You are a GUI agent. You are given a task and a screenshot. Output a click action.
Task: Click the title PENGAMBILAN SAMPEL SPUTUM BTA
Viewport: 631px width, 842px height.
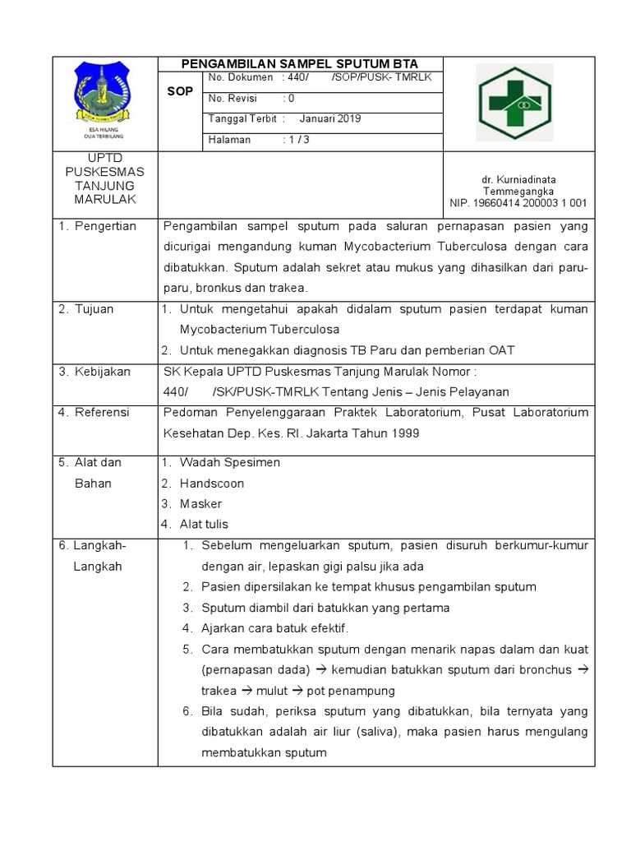click(300, 64)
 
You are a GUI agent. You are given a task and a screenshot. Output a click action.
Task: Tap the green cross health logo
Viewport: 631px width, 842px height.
click(516, 103)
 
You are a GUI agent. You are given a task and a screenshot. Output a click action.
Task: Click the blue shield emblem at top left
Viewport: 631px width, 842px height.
click(104, 90)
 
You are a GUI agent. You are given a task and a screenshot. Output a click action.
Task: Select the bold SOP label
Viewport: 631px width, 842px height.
click(180, 92)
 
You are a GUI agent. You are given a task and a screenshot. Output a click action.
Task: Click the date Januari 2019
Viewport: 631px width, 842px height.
click(330, 118)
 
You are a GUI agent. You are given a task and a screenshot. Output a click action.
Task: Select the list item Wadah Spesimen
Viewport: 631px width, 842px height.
click(230, 463)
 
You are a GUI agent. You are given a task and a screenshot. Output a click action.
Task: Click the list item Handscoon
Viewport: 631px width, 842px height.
click(212, 483)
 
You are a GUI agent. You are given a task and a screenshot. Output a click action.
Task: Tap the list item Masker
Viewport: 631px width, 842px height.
click(201, 504)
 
